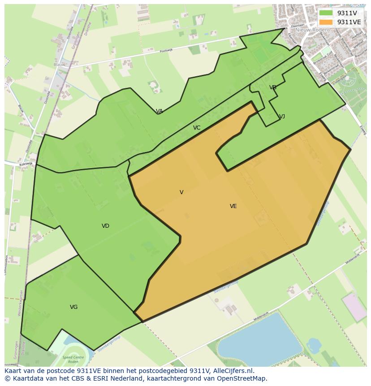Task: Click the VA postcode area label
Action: click(159, 111)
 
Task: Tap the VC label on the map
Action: click(197, 128)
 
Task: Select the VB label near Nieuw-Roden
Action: click(272, 87)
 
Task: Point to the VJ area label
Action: click(282, 117)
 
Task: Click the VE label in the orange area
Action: click(233, 206)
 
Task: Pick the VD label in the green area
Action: click(105, 226)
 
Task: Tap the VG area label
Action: click(74, 307)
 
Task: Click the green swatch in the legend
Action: click(326, 13)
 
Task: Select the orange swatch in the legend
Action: click(326, 22)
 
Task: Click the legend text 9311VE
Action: click(349, 22)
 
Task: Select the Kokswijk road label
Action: click(26, 164)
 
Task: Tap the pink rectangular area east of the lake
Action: click(354, 307)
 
